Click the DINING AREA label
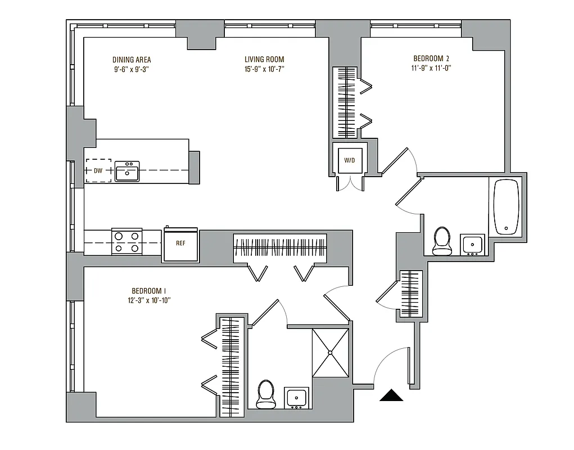[132, 60]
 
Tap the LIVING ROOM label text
[264, 60]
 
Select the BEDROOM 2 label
[431, 58]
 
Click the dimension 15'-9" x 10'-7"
[264, 69]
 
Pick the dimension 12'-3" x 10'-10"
[150, 300]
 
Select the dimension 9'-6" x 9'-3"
[132, 69]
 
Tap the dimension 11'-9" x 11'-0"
[431, 67]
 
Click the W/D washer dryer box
[350, 160]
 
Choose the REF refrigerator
[180, 244]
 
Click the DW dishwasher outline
[98, 170]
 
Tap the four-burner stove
[126, 241]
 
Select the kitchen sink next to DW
[127, 171]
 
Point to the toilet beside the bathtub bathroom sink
[442, 241]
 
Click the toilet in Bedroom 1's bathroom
[265, 394]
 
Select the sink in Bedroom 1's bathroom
[296, 398]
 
